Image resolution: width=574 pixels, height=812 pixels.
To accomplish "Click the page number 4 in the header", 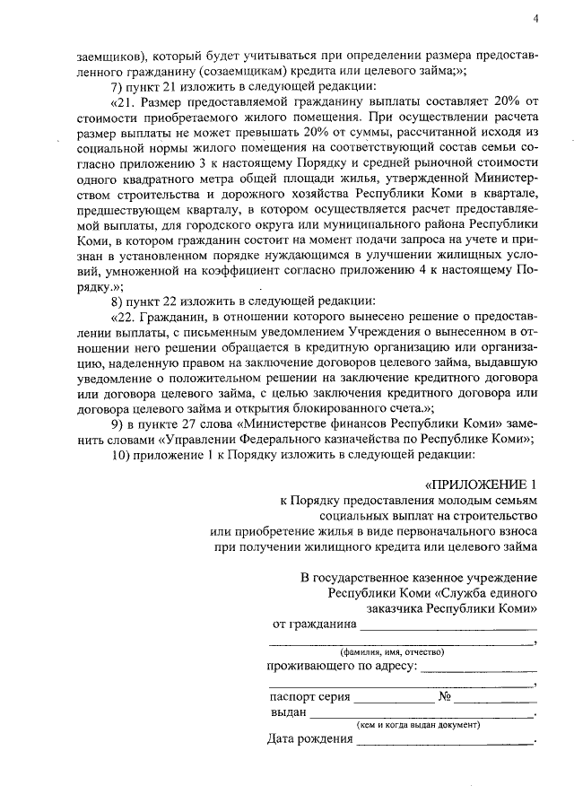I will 535,19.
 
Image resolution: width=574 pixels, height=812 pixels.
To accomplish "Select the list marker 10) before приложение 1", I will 120,455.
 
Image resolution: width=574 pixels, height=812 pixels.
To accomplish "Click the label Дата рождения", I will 309,740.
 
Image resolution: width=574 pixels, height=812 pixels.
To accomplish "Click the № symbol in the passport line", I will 444,696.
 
